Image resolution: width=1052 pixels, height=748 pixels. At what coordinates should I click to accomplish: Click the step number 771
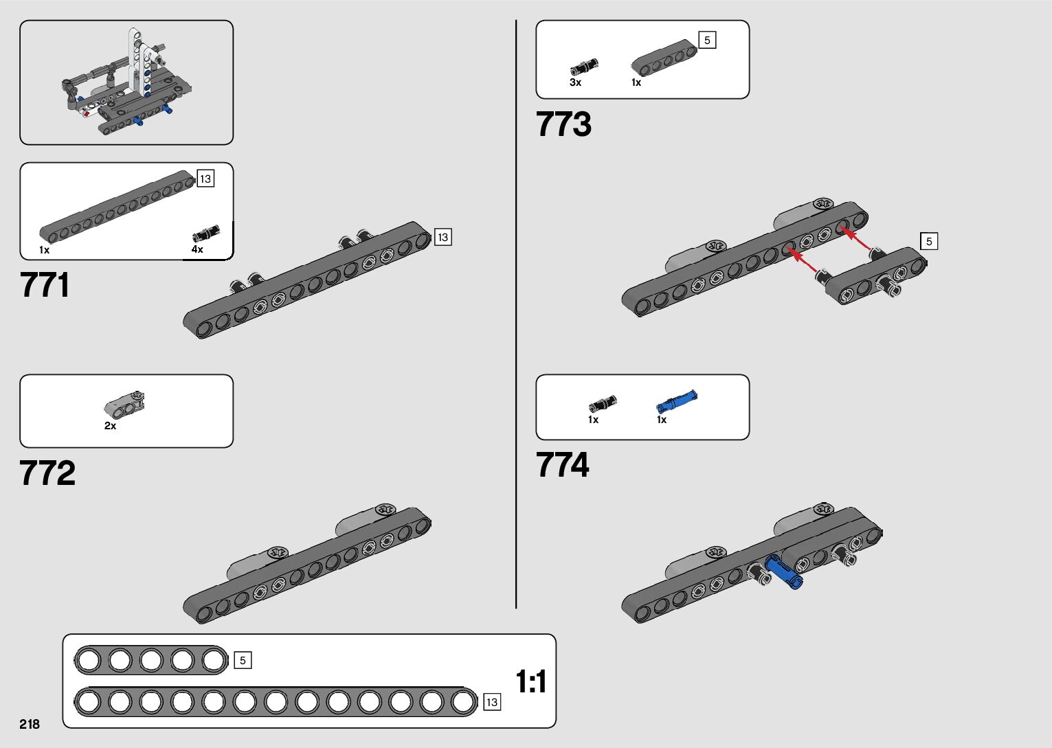[45, 284]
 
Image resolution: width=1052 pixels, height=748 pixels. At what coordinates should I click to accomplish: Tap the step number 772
[47, 473]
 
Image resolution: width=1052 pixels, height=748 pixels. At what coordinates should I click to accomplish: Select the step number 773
[563, 124]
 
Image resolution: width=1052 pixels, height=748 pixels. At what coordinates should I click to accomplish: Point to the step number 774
[562, 464]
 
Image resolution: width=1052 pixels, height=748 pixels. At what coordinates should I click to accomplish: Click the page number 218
[30, 724]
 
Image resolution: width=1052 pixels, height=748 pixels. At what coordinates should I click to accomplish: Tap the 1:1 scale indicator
[530, 681]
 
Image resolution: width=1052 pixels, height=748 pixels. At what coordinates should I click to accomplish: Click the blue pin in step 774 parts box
[677, 401]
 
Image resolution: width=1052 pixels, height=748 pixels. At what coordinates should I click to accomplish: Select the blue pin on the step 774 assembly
[783, 571]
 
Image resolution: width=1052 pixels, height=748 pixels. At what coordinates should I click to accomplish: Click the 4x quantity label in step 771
[197, 249]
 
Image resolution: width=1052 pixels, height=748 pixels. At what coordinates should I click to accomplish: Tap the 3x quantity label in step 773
[575, 82]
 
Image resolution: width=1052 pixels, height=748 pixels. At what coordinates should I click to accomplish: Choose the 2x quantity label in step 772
[111, 426]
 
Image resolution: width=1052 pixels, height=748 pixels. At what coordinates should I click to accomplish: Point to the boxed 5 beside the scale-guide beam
[243, 660]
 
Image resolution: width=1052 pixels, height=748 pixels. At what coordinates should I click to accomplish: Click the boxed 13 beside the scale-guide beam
[492, 702]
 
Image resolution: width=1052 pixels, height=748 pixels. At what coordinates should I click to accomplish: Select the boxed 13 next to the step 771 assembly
[443, 237]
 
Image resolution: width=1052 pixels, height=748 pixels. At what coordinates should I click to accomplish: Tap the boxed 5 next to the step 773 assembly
[929, 241]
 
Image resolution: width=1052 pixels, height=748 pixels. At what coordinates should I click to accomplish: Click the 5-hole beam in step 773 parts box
[664, 58]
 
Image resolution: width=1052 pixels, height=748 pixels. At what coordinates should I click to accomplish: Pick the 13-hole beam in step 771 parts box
[117, 207]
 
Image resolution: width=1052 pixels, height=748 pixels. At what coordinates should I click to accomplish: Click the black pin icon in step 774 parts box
[603, 404]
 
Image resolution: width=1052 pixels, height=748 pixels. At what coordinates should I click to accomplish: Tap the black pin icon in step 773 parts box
[584, 67]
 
